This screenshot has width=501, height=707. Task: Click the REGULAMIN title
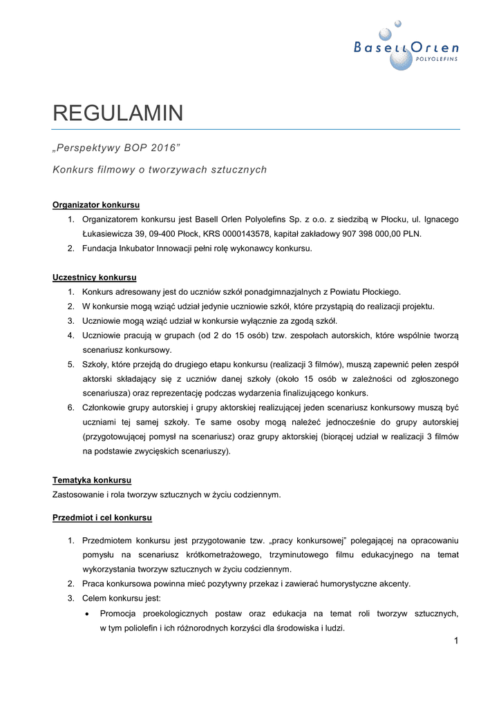click(118, 113)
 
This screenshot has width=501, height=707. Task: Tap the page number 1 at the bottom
click(456, 641)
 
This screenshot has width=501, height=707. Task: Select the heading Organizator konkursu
click(96, 204)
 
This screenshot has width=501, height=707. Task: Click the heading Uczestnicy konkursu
click(94, 278)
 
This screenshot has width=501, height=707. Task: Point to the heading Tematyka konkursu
click(92, 480)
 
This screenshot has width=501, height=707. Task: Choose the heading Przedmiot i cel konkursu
click(102, 517)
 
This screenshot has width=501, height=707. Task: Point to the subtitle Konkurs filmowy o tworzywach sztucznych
click(160, 169)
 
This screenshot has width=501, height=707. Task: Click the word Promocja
click(120, 613)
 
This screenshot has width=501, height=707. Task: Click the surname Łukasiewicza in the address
click(110, 234)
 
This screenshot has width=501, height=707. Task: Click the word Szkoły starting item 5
click(97, 365)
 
